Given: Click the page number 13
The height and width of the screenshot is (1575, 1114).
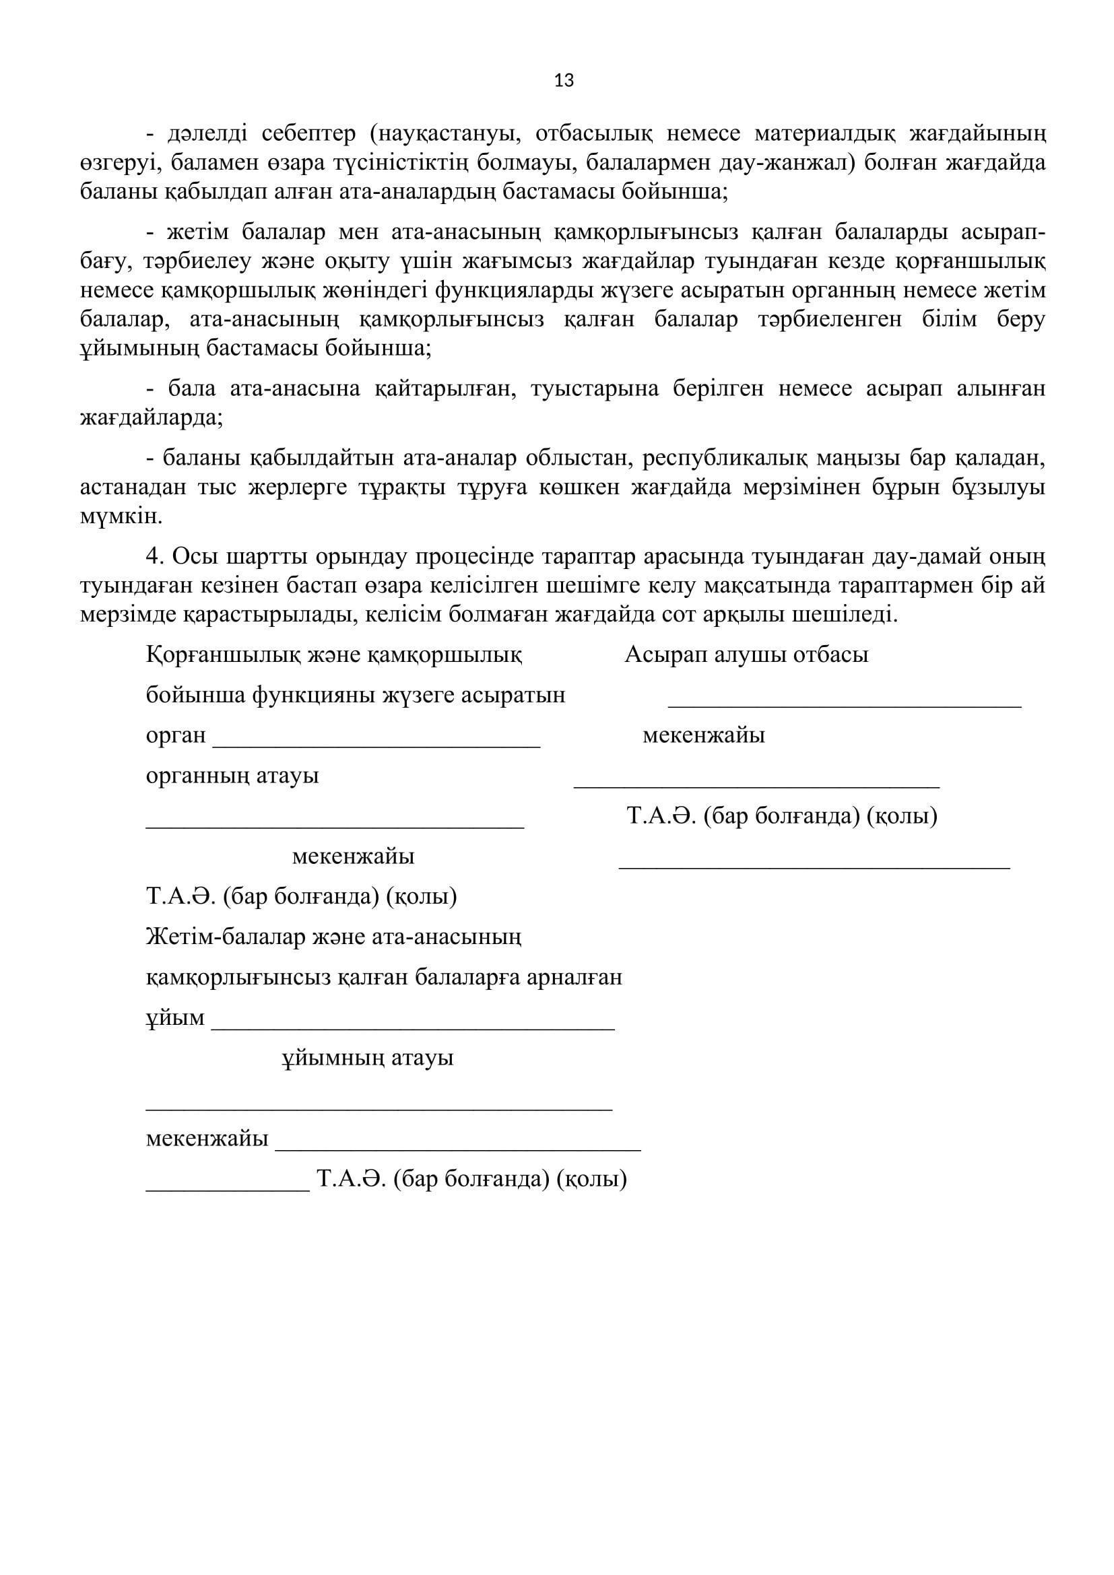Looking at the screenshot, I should tap(563, 81).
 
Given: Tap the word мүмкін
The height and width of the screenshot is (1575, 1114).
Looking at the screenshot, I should tap(121, 516).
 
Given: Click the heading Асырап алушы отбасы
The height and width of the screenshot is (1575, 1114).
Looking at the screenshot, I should tap(746, 655).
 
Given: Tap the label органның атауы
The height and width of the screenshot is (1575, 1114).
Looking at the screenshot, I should tap(232, 776).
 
